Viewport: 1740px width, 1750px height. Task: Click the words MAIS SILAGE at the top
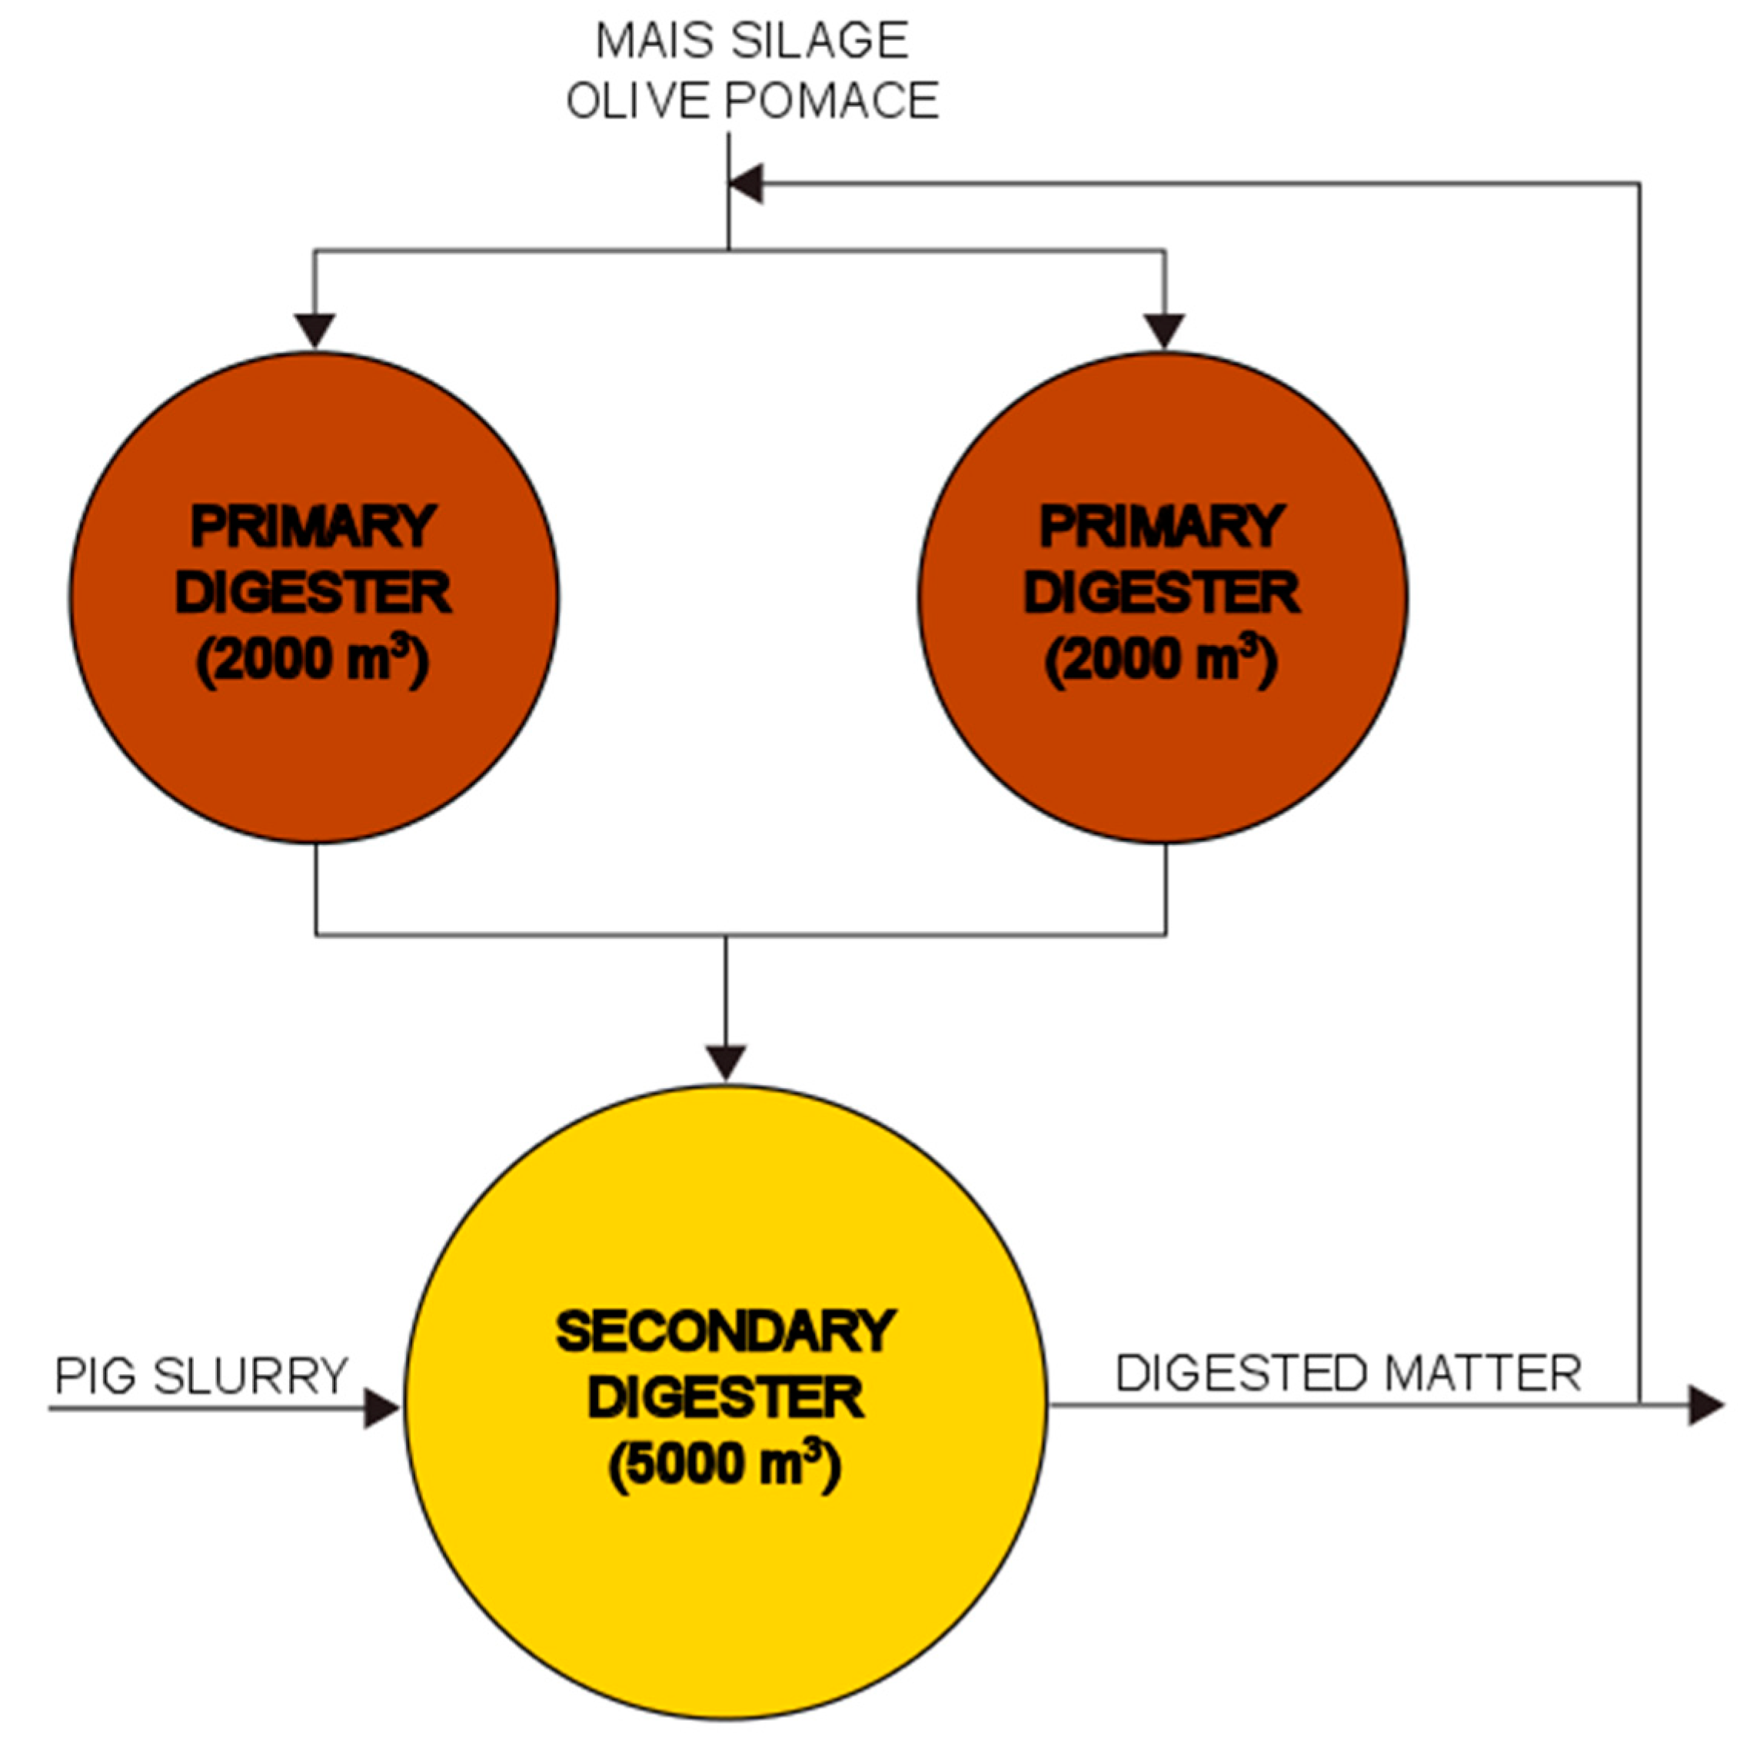pos(751,42)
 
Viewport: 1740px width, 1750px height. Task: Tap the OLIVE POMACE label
pos(752,101)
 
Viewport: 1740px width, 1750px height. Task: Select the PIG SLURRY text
pos(201,1376)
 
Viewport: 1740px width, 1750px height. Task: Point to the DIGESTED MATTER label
pos(1349,1373)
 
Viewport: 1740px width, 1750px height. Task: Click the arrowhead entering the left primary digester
pos(314,331)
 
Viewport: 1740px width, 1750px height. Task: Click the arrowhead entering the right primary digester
pos(1164,331)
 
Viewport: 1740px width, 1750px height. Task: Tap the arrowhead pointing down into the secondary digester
pos(726,1063)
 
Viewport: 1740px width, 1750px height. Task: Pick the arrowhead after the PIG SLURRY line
pos(381,1409)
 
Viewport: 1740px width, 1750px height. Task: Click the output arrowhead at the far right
pos(1705,1405)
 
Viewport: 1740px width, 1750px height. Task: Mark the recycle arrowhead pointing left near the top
pos(747,184)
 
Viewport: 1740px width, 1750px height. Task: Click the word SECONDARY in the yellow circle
pos(726,1332)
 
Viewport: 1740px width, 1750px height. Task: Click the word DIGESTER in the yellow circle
pos(726,1398)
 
